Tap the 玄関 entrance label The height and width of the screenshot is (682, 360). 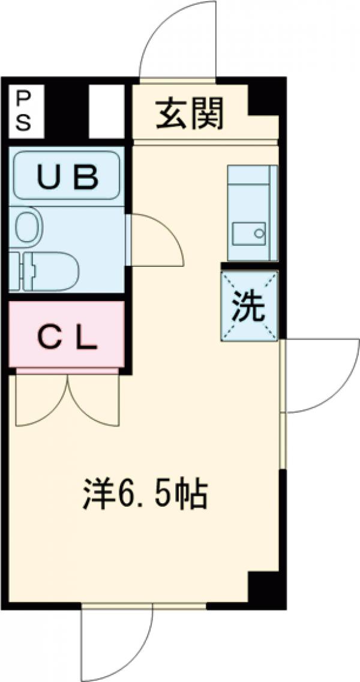click(190, 113)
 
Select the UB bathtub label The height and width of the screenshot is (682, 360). click(67, 176)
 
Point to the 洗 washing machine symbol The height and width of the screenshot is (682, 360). click(249, 307)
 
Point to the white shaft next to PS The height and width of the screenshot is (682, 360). click(106, 111)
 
